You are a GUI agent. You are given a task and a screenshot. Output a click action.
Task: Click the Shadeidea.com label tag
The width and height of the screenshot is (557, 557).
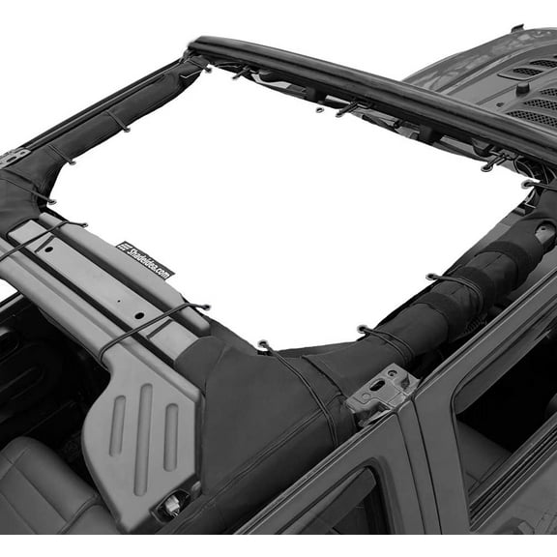(x=146, y=259)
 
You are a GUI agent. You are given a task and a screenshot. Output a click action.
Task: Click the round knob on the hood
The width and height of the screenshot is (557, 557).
(x=521, y=88)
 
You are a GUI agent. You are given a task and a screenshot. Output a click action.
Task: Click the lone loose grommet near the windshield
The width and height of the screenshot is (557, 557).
(x=320, y=110)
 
